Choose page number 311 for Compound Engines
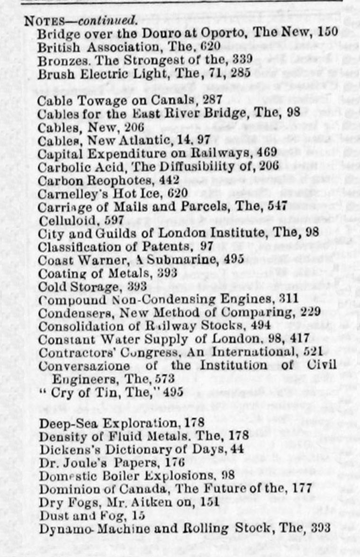point(288,299)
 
